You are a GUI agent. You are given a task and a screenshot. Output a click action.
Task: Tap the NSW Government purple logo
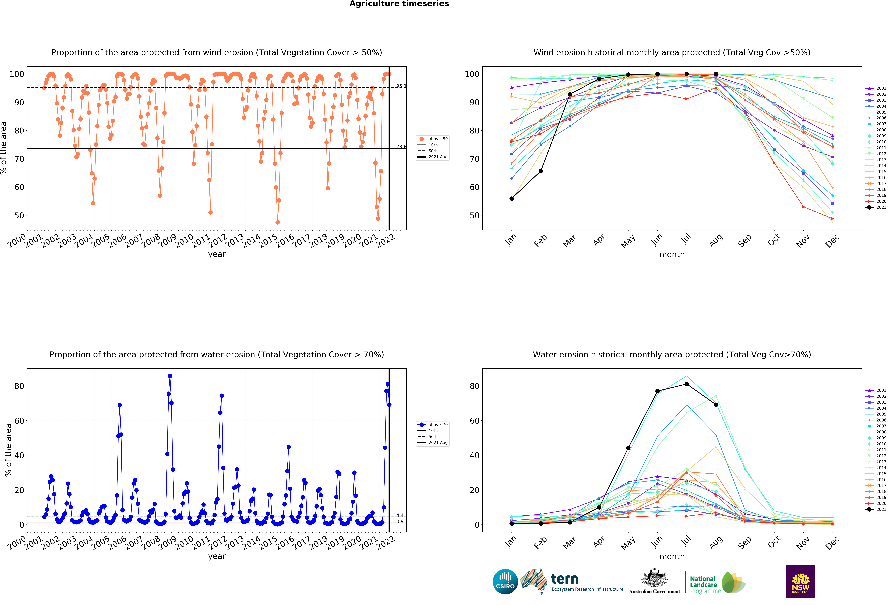tap(800, 581)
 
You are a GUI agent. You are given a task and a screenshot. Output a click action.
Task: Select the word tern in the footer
tap(565, 579)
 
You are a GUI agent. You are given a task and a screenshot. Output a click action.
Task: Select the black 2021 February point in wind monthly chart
tap(541, 171)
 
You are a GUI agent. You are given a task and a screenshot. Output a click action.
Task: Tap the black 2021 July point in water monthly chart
tap(687, 384)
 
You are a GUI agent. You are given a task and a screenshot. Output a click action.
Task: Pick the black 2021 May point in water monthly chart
tap(628, 448)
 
